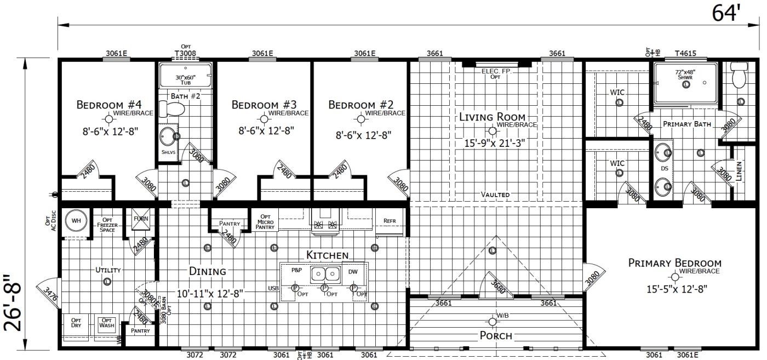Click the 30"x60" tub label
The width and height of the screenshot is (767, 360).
tap(185, 80)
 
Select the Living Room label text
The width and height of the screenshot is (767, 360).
tap(492, 117)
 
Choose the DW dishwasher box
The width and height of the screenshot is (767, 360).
tap(353, 271)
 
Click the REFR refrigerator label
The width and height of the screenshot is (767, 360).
tap(390, 221)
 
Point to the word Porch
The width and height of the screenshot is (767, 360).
tap(496, 335)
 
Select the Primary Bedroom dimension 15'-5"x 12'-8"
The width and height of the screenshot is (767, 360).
tap(675, 289)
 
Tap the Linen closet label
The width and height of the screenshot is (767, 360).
tap(739, 172)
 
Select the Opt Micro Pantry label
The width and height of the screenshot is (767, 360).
tap(265, 220)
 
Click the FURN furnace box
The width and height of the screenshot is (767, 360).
tap(140, 219)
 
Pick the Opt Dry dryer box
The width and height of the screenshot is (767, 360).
tap(76, 323)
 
